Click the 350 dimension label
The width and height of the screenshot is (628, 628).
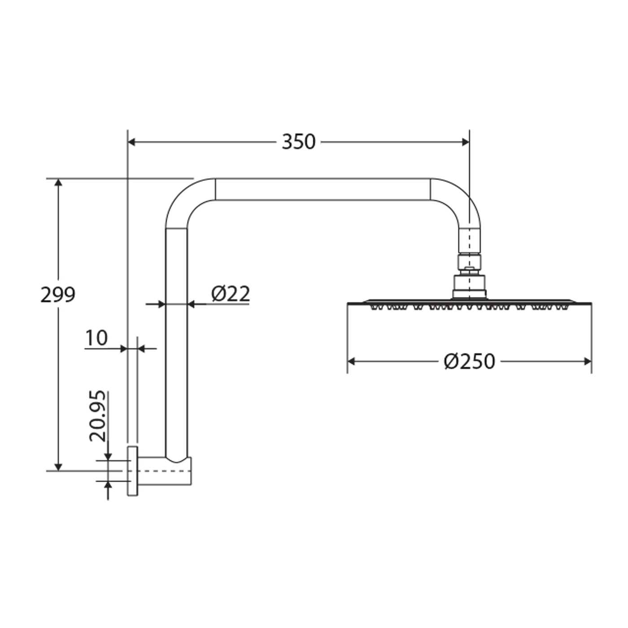point(298,142)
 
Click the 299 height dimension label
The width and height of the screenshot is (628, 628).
point(58,295)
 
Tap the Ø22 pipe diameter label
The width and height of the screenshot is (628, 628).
point(231,294)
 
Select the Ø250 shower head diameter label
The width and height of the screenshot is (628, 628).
point(469,362)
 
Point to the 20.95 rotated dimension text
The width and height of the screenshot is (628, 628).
point(98,416)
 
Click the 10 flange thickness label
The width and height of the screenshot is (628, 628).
point(96,338)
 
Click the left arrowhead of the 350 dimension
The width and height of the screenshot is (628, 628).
point(132,142)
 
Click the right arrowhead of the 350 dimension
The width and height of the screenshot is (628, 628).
point(465,142)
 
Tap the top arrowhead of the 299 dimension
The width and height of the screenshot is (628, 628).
point(58,182)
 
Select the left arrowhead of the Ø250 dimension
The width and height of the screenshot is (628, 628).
point(352,362)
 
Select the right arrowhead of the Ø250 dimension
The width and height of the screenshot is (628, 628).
point(587,362)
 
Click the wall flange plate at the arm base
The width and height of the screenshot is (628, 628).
point(133,471)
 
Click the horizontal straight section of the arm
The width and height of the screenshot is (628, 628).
point(323,189)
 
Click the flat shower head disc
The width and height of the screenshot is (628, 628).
point(469,303)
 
